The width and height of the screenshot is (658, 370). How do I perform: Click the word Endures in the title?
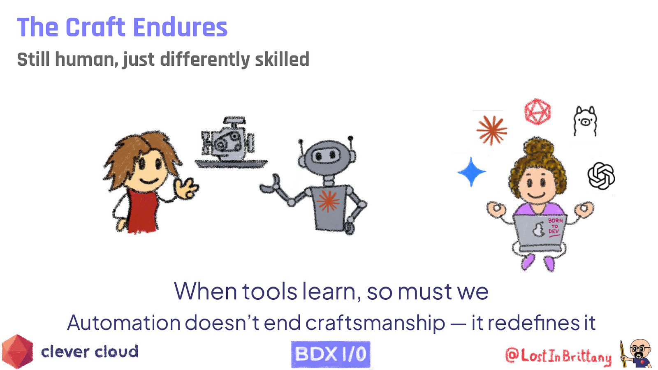tap(180, 28)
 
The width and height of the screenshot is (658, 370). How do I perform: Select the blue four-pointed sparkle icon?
tap(471, 172)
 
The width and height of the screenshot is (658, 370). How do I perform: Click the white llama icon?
tap(585, 120)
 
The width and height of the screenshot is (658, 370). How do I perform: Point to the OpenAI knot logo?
tap(601, 176)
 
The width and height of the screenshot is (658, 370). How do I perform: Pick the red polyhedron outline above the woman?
tap(537, 111)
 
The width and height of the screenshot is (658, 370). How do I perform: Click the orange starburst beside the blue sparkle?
tap(491, 130)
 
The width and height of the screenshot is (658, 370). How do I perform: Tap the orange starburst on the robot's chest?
tap(328, 201)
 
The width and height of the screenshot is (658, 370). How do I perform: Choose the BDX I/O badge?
tap(331, 354)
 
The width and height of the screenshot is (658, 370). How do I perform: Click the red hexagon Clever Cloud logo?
tap(17, 351)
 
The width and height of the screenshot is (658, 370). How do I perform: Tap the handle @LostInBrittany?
tap(558, 356)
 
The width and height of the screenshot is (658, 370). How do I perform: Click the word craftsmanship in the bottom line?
tap(375, 323)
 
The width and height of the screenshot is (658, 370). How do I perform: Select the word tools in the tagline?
tap(269, 291)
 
